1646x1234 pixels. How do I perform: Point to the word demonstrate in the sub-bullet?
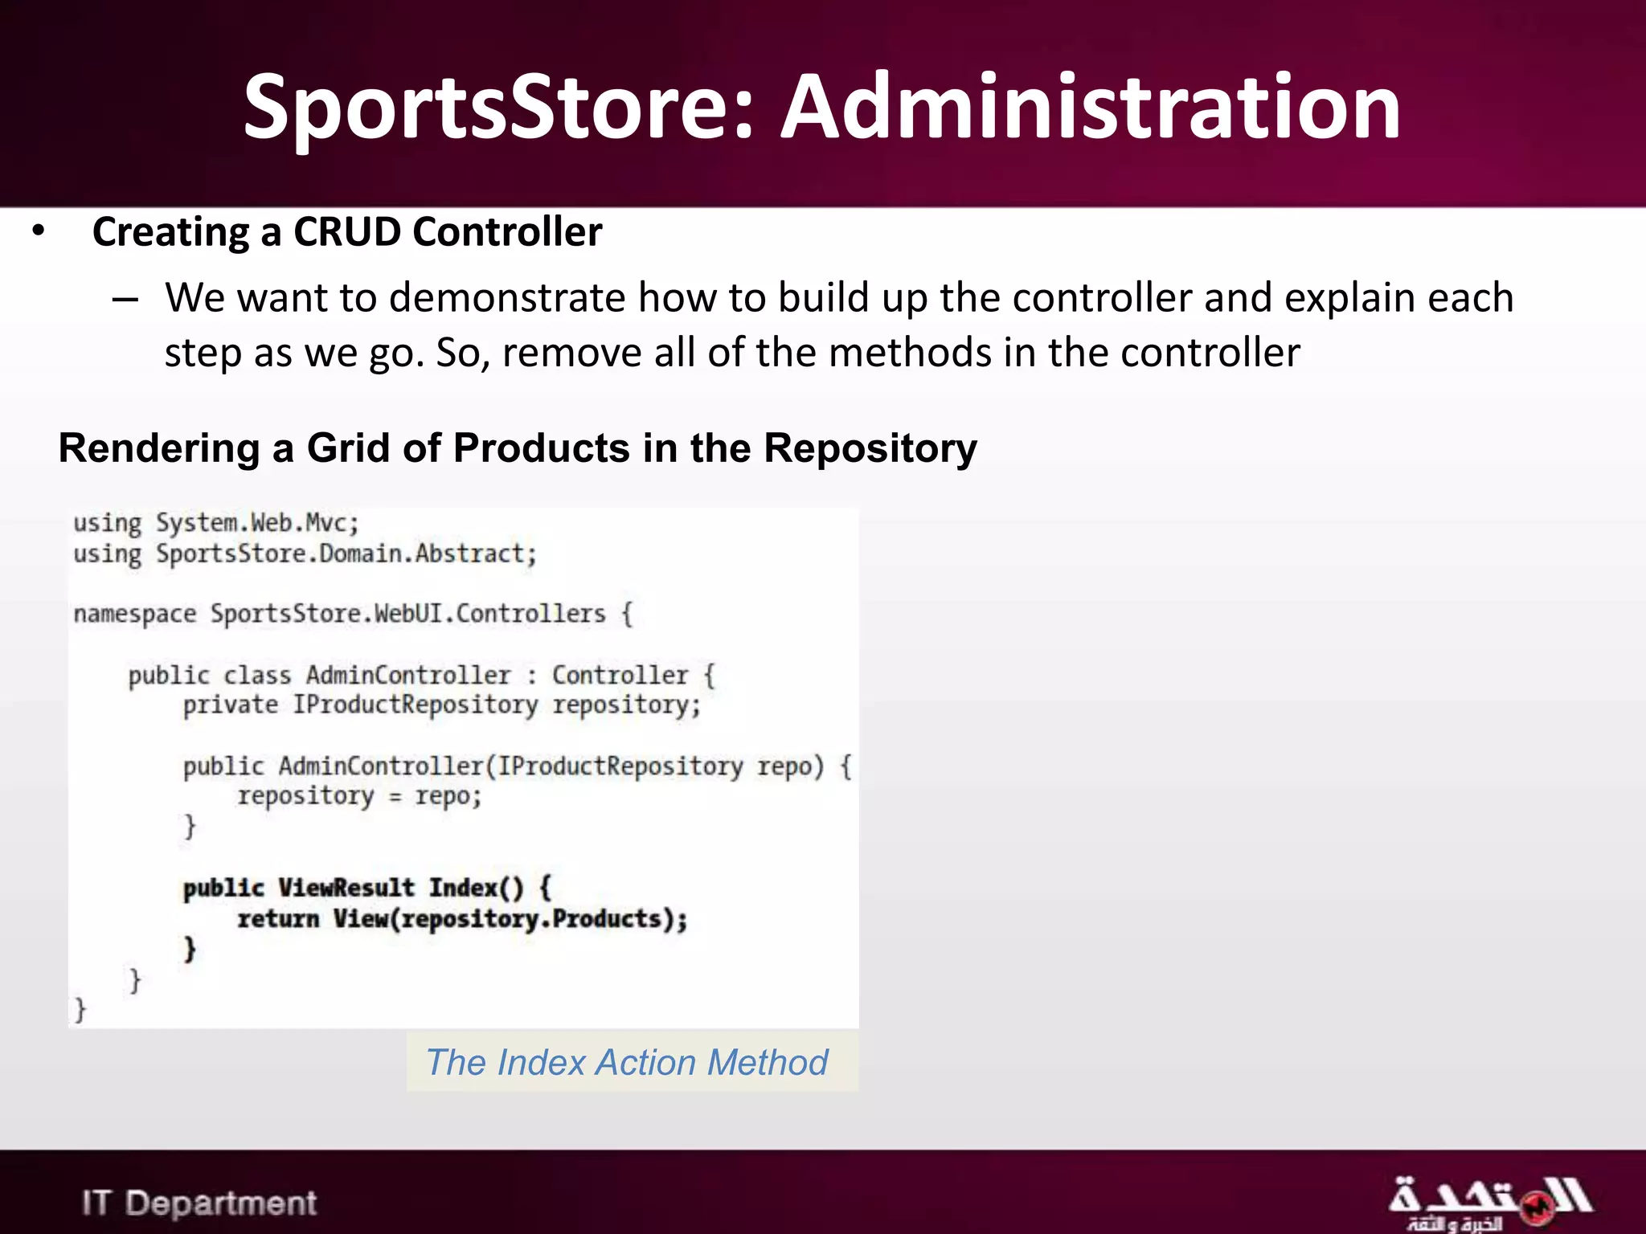507,298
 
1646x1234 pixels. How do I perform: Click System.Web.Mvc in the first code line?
256,523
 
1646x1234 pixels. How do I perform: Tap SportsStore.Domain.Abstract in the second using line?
346,554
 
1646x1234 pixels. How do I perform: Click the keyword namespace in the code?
134,615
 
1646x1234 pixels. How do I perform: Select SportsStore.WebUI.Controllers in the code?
407,614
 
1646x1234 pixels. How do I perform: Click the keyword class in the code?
257,675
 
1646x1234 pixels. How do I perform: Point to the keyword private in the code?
230,705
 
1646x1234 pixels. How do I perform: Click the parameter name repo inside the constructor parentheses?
784,766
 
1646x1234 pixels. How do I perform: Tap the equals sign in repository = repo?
395,798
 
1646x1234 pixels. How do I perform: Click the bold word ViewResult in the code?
346,888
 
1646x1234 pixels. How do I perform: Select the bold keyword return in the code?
278,918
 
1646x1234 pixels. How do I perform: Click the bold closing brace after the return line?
190,950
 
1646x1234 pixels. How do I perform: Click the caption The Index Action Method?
627,1062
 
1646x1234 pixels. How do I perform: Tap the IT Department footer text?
199,1203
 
